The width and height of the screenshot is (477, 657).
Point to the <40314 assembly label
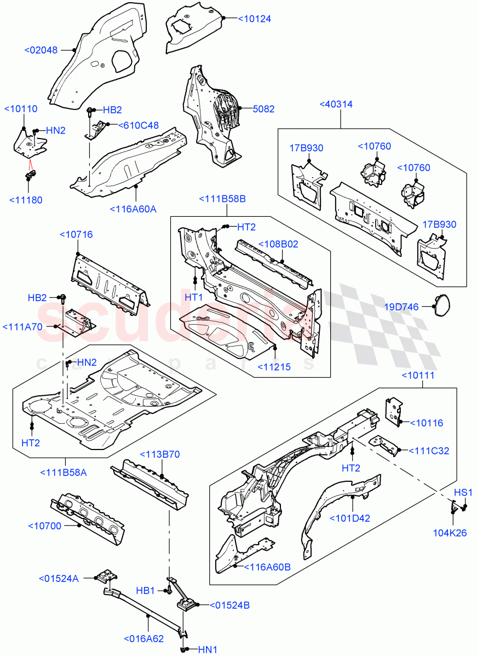pyautogui.click(x=336, y=105)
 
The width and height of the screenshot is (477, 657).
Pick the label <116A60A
pyautogui.click(x=133, y=209)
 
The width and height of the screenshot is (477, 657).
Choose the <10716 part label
pyautogui.click(x=76, y=234)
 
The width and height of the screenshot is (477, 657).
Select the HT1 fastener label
pyautogui.click(x=194, y=296)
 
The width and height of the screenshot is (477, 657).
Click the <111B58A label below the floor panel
pyautogui.click(x=63, y=472)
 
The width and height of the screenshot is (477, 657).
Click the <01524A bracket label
pyautogui.click(x=60, y=579)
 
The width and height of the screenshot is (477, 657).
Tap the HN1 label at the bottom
pyautogui.click(x=207, y=649)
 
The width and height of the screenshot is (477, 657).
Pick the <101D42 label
pyautogui.click(x=349, y=518)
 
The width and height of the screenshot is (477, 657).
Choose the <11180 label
pyautogui.click(x=26, y=200)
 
